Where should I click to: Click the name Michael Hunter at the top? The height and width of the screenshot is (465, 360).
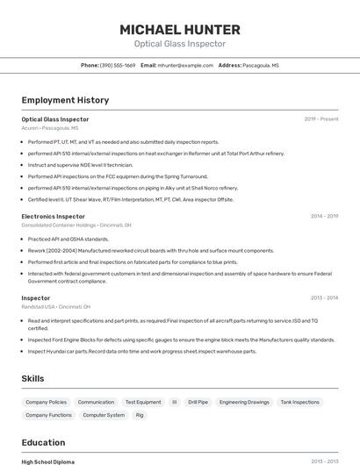180,29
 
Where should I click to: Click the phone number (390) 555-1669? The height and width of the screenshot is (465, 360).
118,65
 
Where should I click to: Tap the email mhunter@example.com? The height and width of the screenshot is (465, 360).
185,65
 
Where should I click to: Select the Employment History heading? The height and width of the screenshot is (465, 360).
65,100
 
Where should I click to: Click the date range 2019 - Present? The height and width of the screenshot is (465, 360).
320,119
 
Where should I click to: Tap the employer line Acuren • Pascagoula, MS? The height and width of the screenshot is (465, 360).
49,128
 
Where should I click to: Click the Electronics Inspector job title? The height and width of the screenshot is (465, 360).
53,216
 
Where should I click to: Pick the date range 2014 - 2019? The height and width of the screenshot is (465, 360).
324,216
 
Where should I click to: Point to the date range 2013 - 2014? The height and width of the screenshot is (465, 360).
324,297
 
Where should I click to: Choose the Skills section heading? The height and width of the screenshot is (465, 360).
33,378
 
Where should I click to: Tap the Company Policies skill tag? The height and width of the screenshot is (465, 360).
46,402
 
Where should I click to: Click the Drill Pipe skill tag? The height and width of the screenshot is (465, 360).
198,402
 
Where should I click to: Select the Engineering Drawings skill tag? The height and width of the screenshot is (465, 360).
244,402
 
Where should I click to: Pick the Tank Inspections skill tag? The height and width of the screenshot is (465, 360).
299,402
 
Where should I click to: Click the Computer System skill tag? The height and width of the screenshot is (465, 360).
104,415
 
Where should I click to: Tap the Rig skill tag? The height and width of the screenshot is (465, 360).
140,415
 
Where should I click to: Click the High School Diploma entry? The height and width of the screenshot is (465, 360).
49,461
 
